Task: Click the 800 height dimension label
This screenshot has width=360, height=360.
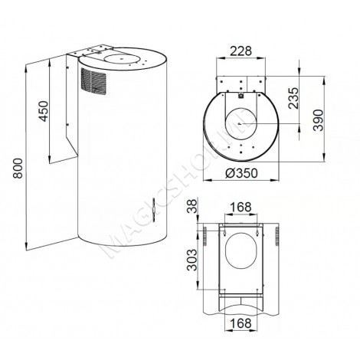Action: (18, 169)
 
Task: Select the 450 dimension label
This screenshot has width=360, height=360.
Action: (44, 111)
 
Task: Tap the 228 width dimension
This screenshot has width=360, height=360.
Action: (241, 51)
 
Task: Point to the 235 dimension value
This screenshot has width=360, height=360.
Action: (293, 98)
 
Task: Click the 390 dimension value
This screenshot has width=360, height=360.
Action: (319, 120)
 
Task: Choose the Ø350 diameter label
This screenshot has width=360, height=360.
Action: (241, 173)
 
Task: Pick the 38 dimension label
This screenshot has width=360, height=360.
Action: (193, 206)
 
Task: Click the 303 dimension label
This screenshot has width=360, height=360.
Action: (192, 260)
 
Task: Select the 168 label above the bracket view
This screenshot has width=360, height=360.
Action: (241, 207)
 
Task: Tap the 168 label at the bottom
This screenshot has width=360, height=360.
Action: (241, 323)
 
